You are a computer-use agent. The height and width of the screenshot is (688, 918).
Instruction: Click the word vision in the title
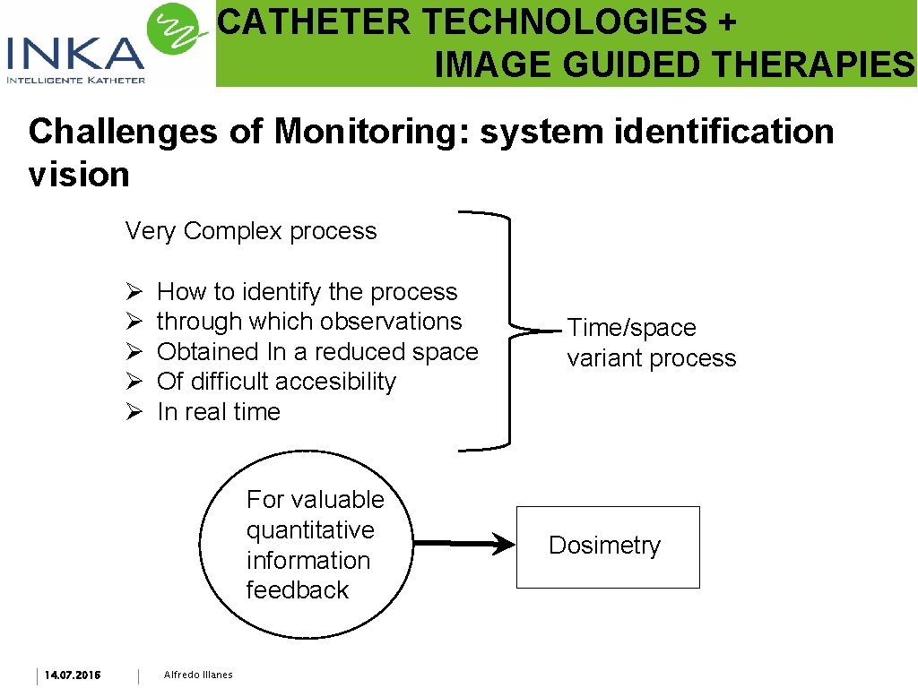point(79,175)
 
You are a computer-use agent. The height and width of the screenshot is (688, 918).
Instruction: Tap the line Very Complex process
point(251,231)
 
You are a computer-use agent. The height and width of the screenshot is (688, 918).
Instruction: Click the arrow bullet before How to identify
point(134,293)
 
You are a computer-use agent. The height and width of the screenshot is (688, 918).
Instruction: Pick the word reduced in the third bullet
point(354,352)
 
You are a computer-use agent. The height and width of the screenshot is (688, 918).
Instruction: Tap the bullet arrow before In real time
point(134,413)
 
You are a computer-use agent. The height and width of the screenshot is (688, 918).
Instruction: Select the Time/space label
point(631,328)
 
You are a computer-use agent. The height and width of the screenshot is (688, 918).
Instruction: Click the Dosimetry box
point(608,546)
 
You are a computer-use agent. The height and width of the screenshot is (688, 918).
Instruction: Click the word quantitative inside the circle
point(310,530)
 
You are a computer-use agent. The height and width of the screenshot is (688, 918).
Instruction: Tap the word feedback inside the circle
point(298,590)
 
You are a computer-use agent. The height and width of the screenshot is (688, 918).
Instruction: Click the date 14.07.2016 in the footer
point(73,675)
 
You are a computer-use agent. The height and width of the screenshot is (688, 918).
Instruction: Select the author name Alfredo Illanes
point(198,675)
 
